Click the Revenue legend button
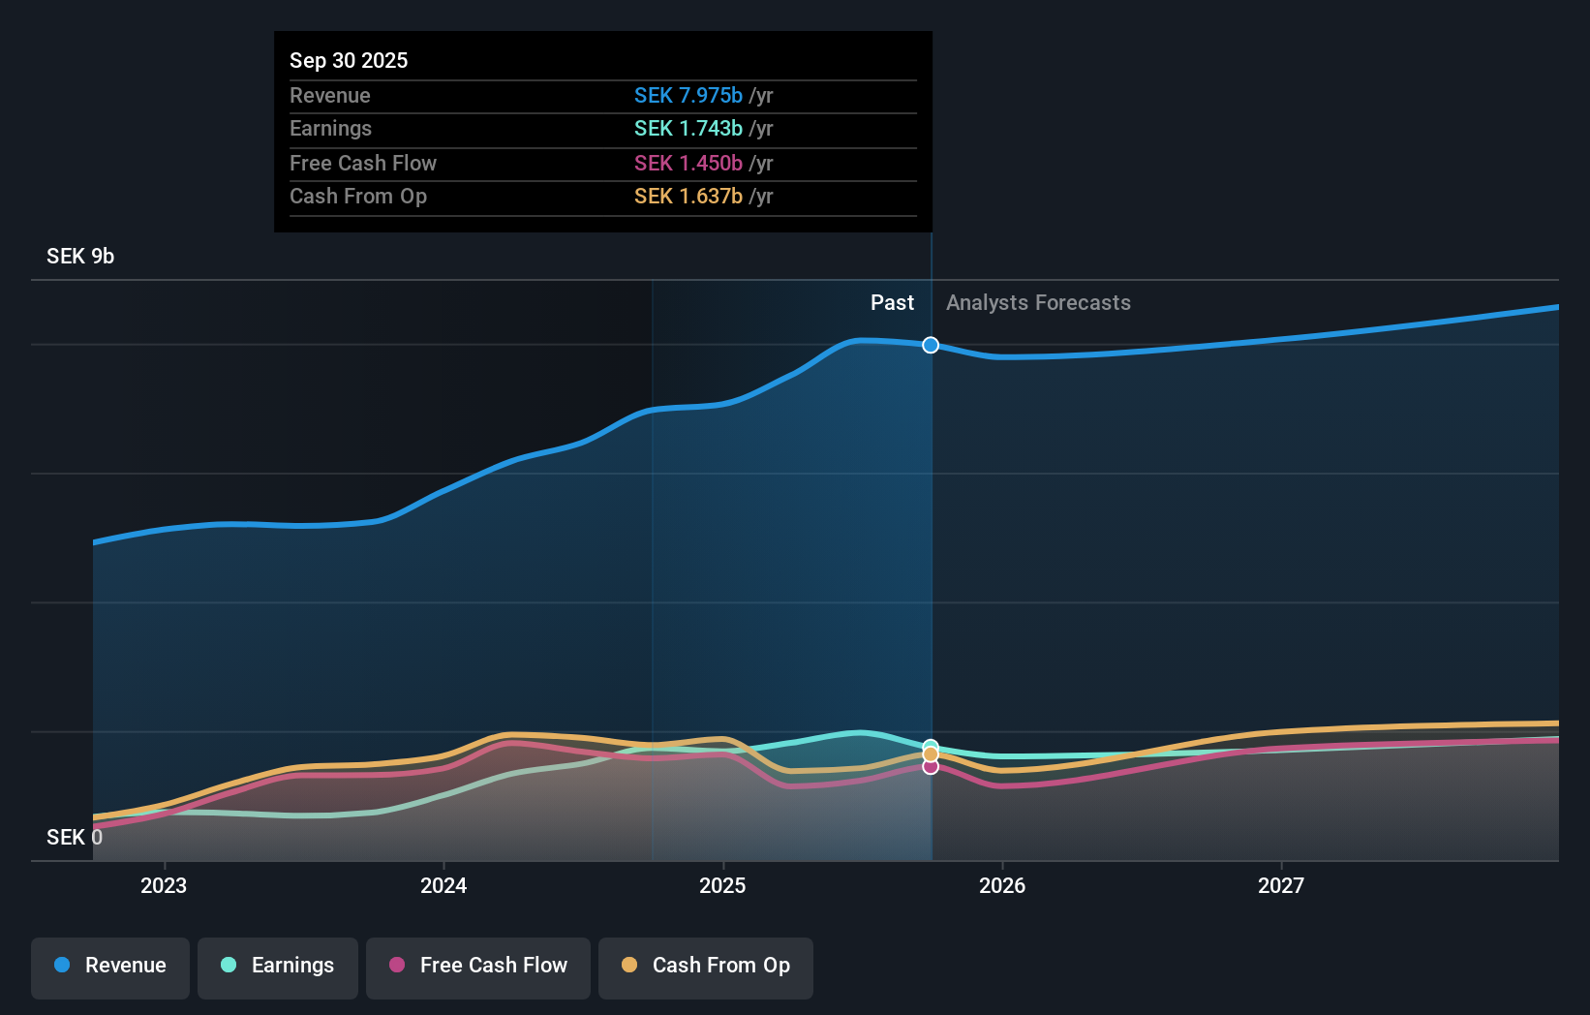(x=110, y=967)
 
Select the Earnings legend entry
(x=278, y=967)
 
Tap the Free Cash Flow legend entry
(x=478, y=967)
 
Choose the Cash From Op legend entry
(x=706, y=967)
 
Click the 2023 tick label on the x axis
(x=164, y=885)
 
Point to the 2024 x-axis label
(x=443, y=885)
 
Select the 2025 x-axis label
(x=722, y=885)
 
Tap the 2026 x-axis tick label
(x=1002, y=885)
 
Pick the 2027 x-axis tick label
(x=1281, y=885)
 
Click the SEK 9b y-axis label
(x=80, y=257)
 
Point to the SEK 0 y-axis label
(x=74, y=837)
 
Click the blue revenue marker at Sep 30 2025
(x=931, y=345)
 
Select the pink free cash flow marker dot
(x=931, y=767)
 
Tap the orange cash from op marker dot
(x=931, y=754)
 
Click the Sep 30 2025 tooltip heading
(x=349, y=61)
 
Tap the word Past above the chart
(x=892, y=303)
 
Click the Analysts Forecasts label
(x=1038, y=303)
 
